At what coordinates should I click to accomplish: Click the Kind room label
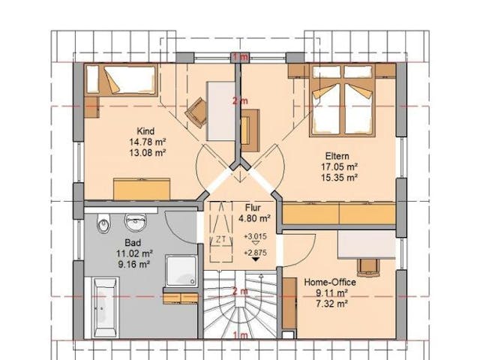[x=147, y=130]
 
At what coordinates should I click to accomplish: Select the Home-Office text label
[x=331, y=282]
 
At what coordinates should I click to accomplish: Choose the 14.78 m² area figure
[x=147, y=140]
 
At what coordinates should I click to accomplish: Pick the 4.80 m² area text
[x=253, y=219]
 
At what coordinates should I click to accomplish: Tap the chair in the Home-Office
[x=367, y=266]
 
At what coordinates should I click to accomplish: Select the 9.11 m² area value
[x=331, y=293]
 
